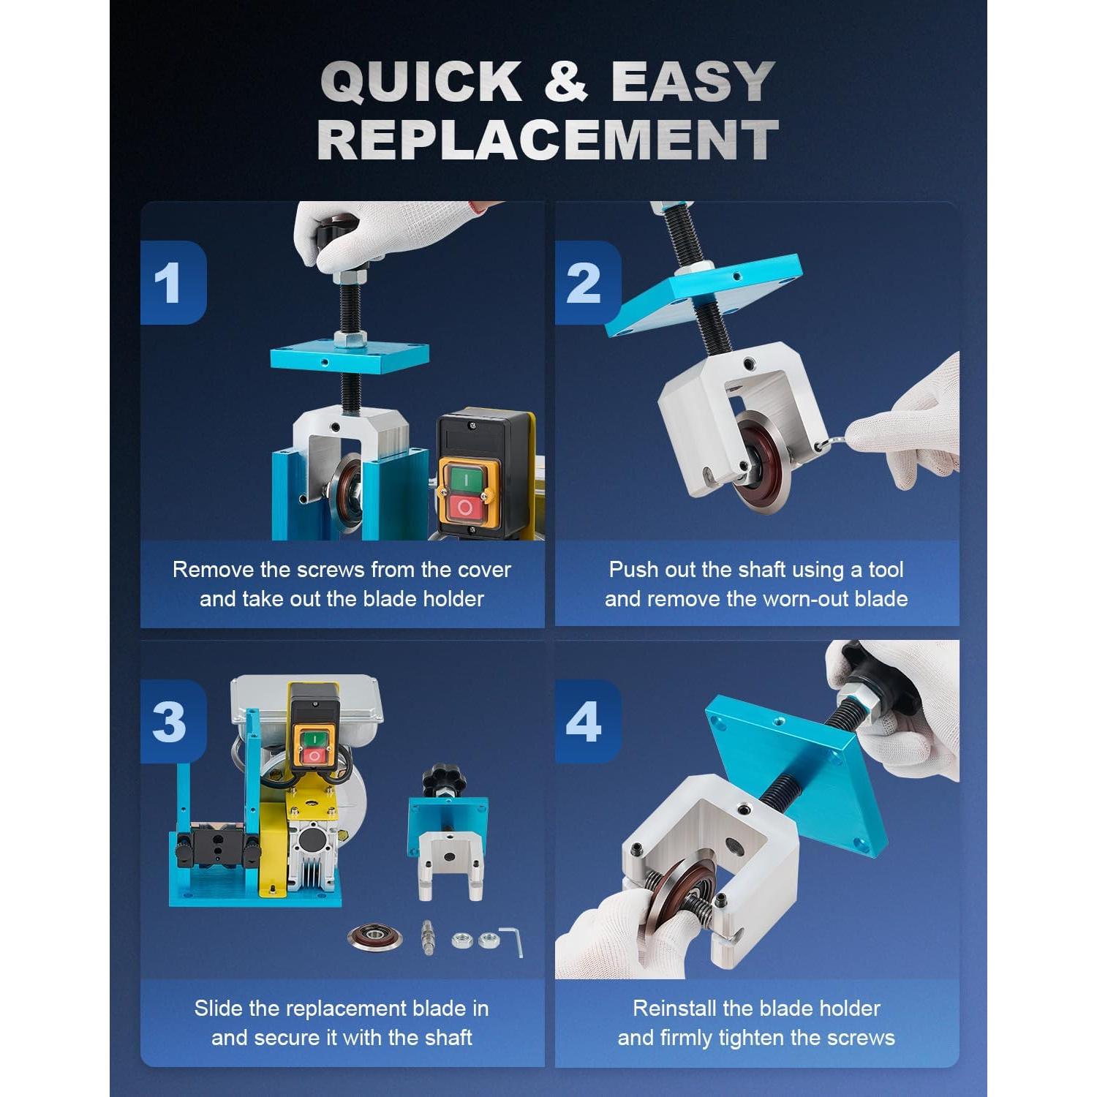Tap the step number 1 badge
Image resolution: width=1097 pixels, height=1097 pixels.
coord(173,283)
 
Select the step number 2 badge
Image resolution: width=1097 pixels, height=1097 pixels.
coord(587,283)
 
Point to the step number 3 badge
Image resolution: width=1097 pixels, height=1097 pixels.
coord(173,722)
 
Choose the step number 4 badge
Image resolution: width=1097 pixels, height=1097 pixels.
coord(587,722)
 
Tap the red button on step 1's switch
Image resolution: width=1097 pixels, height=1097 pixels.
coord(464,506)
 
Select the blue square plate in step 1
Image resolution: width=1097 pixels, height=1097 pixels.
coord(349,358)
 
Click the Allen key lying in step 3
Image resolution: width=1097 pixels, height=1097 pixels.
coord(511,940)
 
